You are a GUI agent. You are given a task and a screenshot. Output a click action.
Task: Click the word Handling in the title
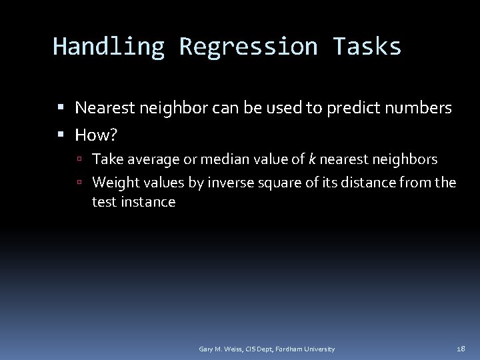[109, 47]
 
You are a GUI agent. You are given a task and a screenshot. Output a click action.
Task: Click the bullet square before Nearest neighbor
[61, 107]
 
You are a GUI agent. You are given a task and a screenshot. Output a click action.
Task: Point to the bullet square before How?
[61, 136]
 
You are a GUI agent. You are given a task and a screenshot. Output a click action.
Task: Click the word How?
[97, 136]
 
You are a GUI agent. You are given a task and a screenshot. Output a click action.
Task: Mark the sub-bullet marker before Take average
[79, 160]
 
